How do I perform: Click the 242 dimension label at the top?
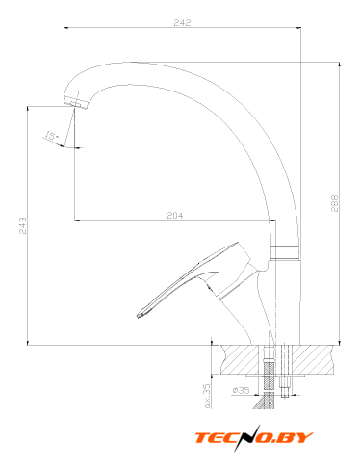pos(182,22)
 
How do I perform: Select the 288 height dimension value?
pos(334,203)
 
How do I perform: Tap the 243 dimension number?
pos(22,225)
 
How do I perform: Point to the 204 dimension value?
pos(175,215)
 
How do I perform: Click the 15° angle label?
pos(51,136)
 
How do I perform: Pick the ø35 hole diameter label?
pos(241,390)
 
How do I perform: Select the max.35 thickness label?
pos(207,396)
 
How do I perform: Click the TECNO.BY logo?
pos(254,438)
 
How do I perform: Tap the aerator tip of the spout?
pos(76,102)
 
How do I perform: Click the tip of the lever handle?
pos(140,315)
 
